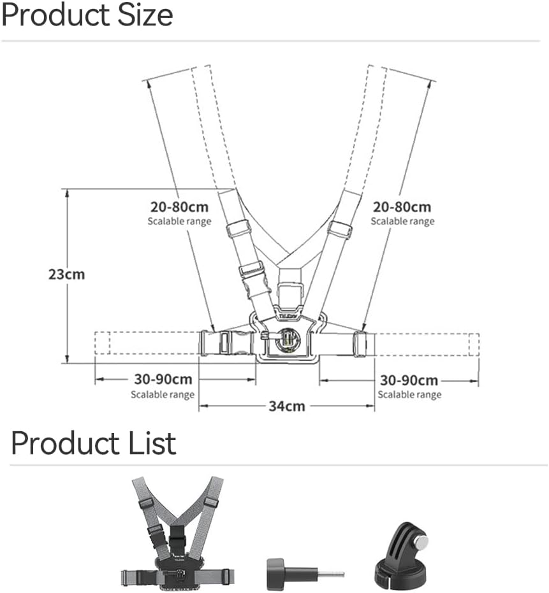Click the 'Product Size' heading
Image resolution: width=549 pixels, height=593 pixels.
click(x=87, y=15)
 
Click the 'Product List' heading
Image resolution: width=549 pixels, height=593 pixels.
click(x=94, y=443)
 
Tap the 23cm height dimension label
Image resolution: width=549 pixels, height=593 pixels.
click(x=67, y=274)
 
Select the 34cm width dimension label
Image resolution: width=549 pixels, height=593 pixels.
click(x=287, y=406)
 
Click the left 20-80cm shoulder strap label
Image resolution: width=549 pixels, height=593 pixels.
click(x=179, y=207)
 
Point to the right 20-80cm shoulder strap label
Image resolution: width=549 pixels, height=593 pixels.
click(x=402, y=207)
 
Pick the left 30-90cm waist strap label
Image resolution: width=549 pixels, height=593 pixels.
click(x=163, y=379)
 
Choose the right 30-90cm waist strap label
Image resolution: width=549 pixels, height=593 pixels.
click(x=409, y=380)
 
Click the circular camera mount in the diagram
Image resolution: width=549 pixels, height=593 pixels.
click(x=288, y=339)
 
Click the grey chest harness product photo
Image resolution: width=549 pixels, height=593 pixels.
click(x=177, y=534)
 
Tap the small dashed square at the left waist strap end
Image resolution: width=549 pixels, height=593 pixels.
click(x=102, y=343)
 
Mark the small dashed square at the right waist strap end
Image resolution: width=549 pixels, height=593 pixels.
click(x=474, y=345)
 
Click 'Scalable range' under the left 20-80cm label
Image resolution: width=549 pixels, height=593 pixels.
click(x=179, y=221)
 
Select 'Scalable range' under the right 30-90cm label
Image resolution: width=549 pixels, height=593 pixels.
click(x=409, y=395)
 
